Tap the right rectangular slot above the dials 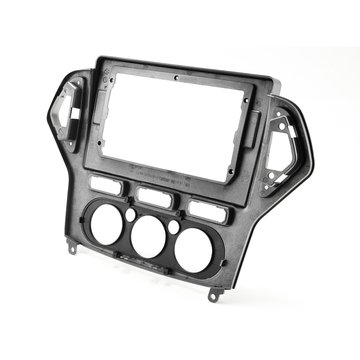pos(205,207)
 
